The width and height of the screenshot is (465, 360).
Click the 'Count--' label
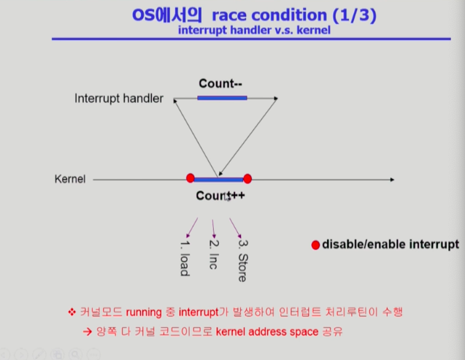coord(220,84)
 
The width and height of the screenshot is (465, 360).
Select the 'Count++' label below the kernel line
coord(220,196)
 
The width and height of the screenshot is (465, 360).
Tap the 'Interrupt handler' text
coord(118,99)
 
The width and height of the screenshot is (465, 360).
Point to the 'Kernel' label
coord(70,179)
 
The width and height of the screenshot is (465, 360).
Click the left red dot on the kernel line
coord(191,178)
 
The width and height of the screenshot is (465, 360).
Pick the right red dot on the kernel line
coord(247,179)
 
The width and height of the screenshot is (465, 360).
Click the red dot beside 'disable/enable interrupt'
coord(315,245)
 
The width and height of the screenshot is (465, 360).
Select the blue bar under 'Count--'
coord(222,98)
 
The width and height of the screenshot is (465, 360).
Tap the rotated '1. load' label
coord(185,258)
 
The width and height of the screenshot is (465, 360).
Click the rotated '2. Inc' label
coord(214,254)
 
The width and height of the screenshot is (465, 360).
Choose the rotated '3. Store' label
coord(243,261)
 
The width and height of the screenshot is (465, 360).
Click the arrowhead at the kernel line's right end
coord(392,180)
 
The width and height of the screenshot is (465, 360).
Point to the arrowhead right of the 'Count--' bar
coord(276,98)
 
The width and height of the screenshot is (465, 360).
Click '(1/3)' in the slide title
coord(354,15)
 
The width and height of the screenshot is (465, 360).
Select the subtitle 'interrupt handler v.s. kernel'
coord(254,30)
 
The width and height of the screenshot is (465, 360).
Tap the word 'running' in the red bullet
coord(144,313)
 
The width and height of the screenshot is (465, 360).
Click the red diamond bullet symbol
coord(72,312)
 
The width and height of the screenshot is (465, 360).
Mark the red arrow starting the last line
coord(88,332)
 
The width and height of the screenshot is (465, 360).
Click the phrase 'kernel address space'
coord(267,332)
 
